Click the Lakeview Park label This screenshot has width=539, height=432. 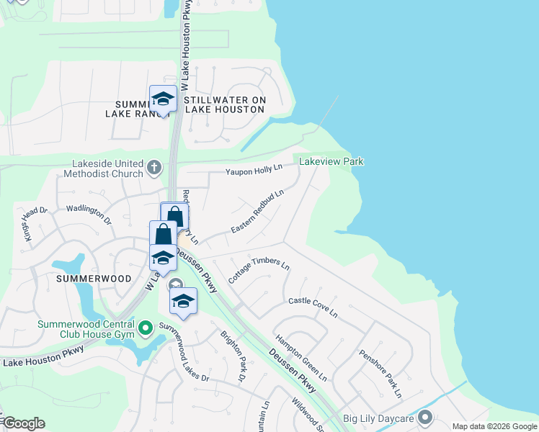[x=331, y=161]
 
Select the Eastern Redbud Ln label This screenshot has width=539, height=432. [x=257, y=212]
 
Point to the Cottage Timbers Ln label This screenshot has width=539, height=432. [x=258, y=271]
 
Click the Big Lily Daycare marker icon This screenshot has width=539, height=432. [x=424, y=417]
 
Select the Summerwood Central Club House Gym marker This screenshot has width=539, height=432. [x=145, y=330]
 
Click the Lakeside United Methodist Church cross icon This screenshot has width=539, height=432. [x=153, y=168]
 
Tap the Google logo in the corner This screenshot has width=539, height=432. [x=23, y=423]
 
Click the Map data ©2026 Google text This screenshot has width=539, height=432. [x=494, y=426]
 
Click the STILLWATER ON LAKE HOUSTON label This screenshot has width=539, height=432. [x=226, y=104]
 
